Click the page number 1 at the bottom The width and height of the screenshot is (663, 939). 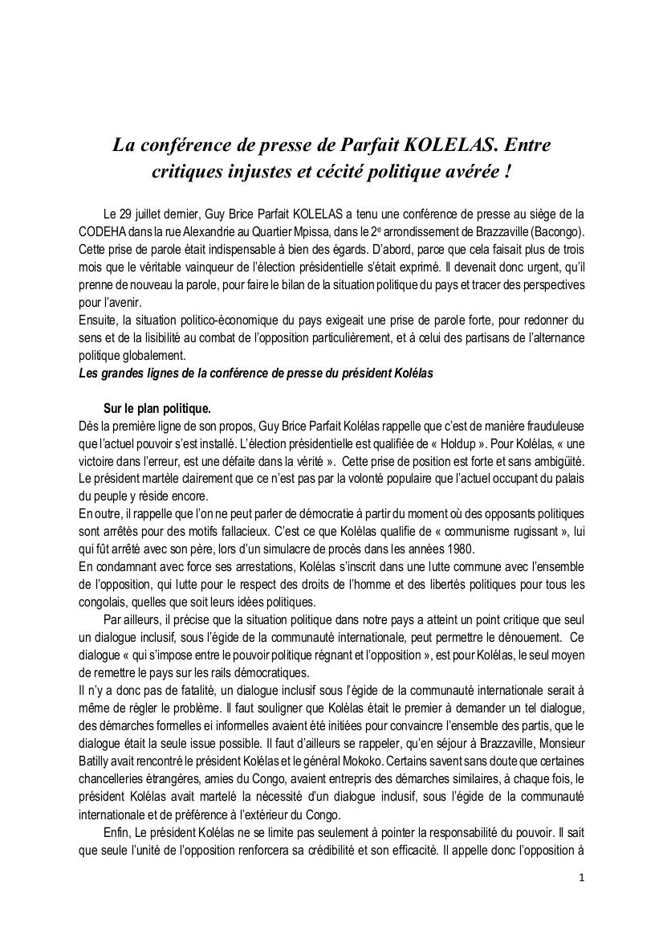point(581,878)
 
